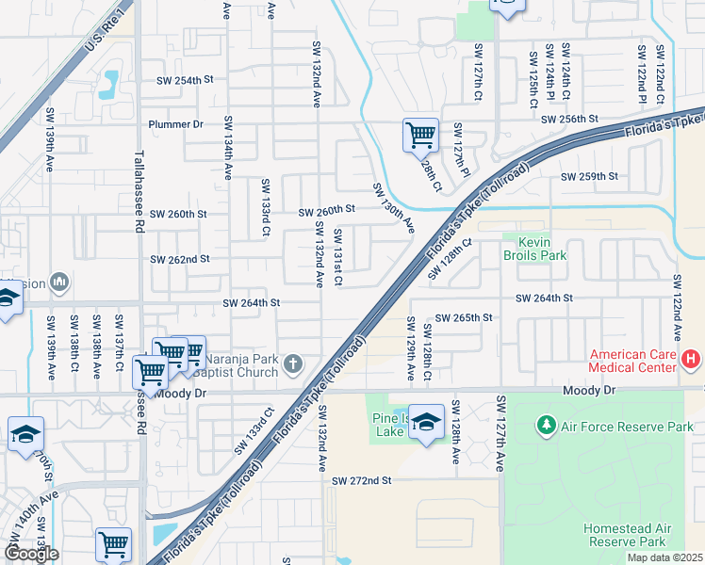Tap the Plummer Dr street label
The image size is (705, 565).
coord(176,124)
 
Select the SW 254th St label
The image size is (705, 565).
coord(180,81)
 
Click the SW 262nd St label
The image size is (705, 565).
coord(180,259)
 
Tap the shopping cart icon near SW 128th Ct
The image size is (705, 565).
coord(419,134)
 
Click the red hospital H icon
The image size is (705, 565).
coord(692,358)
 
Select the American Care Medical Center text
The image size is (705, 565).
coord(634,362)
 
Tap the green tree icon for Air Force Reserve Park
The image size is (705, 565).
coord(546,427)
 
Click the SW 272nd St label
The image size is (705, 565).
coord(361,481)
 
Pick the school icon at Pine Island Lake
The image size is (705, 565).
coord(426,423)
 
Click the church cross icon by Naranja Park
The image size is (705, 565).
coord(294,363)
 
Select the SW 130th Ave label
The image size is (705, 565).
coord(393,208)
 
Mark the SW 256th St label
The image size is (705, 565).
coord(570,119)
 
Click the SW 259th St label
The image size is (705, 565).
coord(589,176)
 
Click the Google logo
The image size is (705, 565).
coord(31,554)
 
